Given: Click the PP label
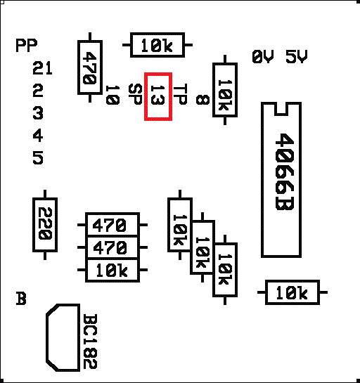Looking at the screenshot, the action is (27, 45).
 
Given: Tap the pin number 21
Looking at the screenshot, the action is (42, 68).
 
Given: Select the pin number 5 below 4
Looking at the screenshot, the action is (38, 158).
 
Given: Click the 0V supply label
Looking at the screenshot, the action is (263, 57).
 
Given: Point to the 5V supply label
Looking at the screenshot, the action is (297, 57).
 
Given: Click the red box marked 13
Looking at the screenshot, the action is (158, 96).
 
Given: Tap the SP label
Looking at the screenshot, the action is (135, 94).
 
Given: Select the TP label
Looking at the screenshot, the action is (181, 94).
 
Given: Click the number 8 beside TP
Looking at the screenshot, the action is (202, 100).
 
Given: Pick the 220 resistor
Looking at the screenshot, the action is (45, 225).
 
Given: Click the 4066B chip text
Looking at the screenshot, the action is (285, 171).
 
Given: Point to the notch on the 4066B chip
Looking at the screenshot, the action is (281, 109).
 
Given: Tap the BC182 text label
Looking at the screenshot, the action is (90, 342).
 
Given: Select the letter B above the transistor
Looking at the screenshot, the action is (21, 298).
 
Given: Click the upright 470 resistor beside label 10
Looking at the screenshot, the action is (90, 67).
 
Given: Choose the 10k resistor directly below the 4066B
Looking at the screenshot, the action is (292, 292).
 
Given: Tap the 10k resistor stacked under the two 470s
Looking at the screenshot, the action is (112, 270).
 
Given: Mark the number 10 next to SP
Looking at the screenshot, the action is (112, 95).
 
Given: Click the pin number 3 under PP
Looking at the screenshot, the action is (38, 113).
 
